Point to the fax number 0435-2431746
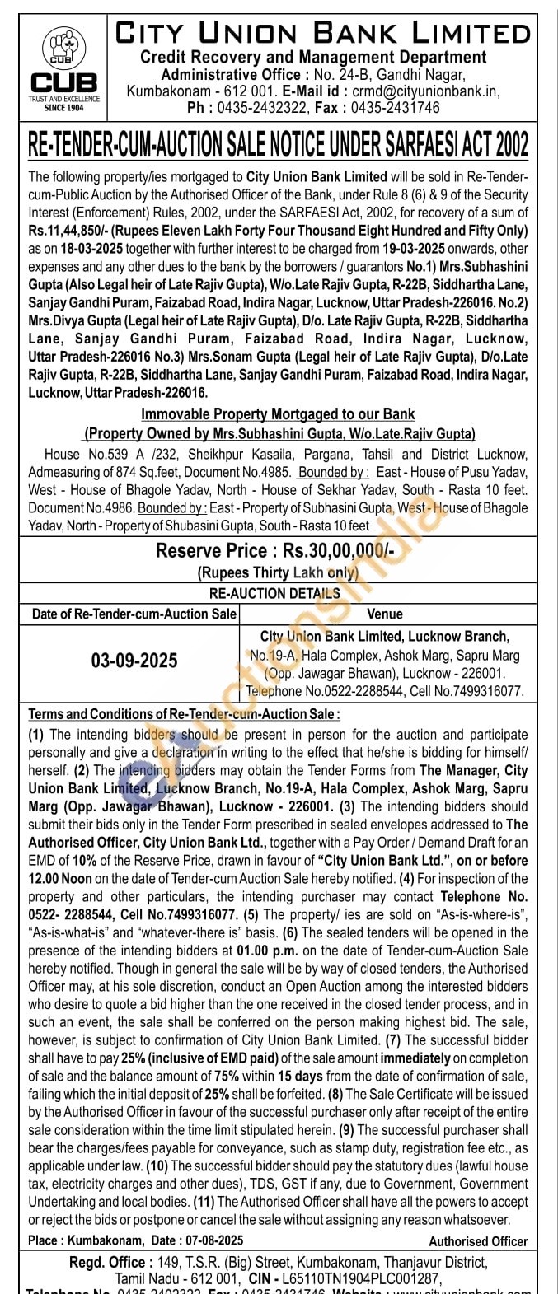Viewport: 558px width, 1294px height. [396, 108]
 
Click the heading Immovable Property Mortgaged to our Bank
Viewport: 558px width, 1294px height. [278, 413]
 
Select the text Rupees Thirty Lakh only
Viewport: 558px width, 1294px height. [278, 572]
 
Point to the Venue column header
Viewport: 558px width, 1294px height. [384, 614]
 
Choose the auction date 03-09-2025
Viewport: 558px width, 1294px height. [134, 661]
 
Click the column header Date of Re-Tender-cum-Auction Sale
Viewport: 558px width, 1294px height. [134, 614]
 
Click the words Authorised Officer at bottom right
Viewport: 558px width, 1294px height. [478, 1240]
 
